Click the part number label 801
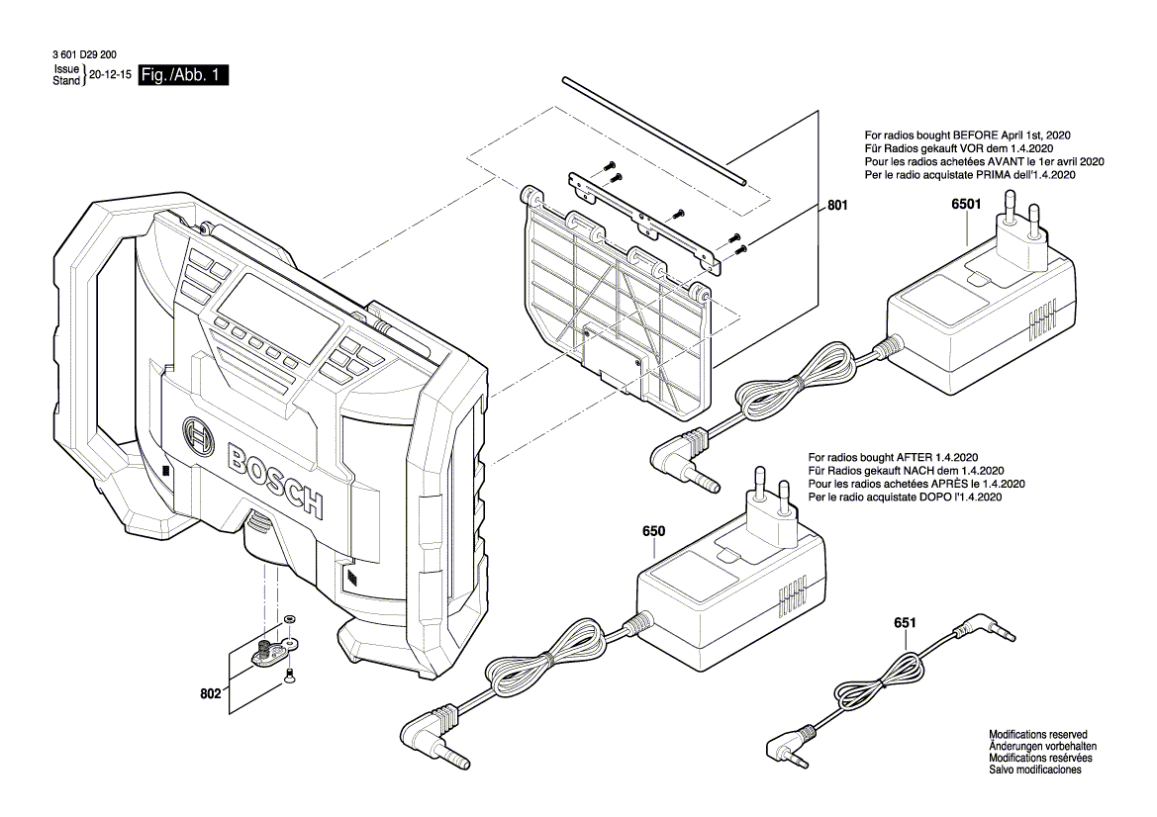[837, 207]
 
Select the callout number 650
[653, 531]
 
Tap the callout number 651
[905, 623]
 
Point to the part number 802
[210, 693]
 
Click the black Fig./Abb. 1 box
[184, 75]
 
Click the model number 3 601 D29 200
[85, 56]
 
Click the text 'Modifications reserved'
[1037, 735]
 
